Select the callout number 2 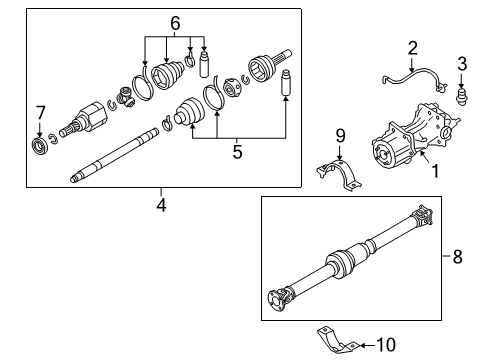click(411, 47)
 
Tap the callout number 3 click(462, 65)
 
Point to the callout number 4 click(161, 207)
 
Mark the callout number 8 click(458, 256)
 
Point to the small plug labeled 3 click(462, 98)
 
